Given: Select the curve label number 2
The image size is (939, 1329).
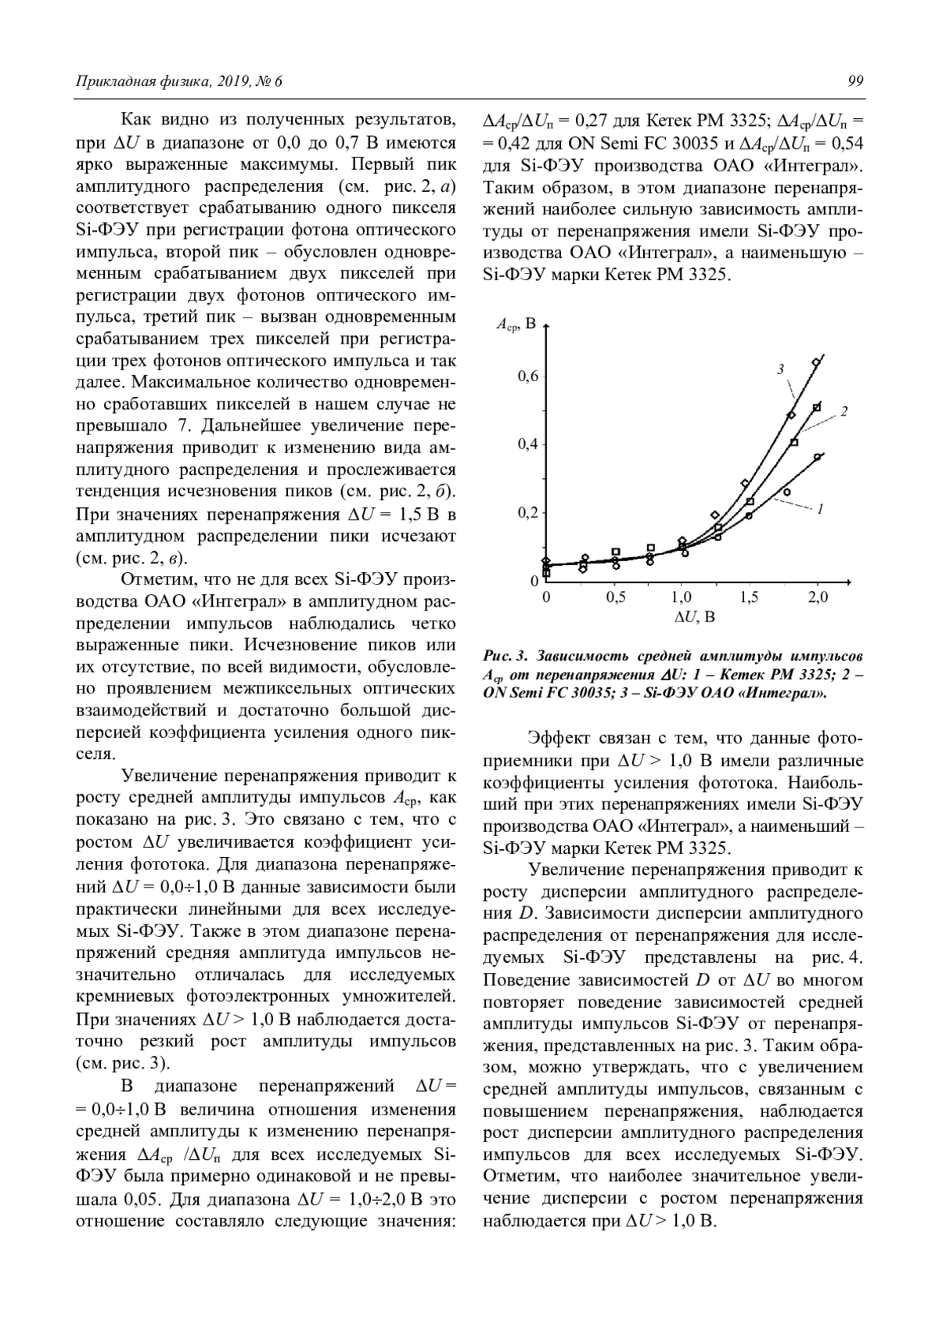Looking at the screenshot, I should click(844, 412).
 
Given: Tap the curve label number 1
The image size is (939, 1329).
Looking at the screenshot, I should click(819, 510).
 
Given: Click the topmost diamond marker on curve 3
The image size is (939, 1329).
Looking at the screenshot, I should click(815, 362).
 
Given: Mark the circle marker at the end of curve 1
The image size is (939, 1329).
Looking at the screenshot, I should click(818, 457).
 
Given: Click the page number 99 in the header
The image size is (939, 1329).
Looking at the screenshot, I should click(855, 81).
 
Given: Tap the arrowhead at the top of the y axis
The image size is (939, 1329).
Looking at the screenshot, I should click(546, 326).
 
